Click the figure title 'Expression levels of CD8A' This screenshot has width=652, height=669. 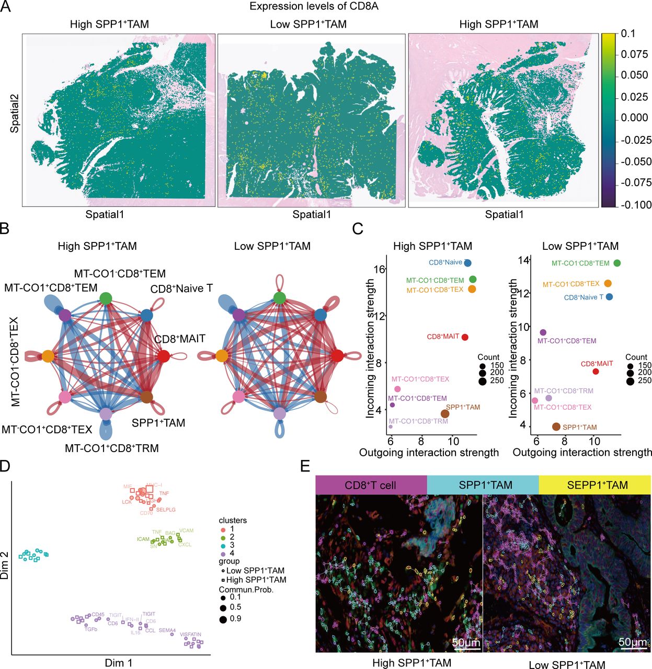point(314,7)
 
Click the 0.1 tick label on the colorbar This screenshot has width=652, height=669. point(628,34)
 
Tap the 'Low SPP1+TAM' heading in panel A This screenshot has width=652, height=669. point(308,25)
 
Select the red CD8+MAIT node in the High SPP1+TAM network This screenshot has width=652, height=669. point(163,356)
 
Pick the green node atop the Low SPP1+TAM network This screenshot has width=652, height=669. point(279,298)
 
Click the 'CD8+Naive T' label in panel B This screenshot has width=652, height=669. point(181,289)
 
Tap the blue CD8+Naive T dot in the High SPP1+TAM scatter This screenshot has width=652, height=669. point(467,263)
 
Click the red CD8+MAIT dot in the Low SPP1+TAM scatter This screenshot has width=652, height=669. point(596,372)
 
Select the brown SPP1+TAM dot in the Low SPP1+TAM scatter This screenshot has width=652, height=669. point(556,427)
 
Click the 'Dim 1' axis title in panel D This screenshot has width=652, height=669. point(119,663)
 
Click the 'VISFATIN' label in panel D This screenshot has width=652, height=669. point(190,635)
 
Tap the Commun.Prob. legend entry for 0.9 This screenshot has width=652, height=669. point(223,619)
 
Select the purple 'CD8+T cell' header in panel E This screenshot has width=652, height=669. point(371,485)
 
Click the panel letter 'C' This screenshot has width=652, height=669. point(358,229)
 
